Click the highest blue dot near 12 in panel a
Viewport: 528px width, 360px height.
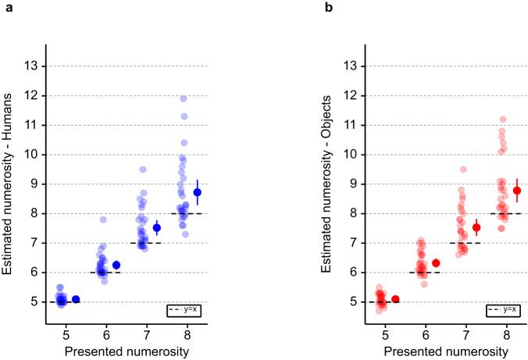(184, 98)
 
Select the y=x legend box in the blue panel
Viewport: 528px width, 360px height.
(184, 310)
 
